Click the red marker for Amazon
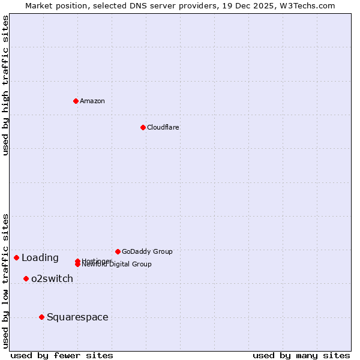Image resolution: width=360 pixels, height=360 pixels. [x=76, y=101]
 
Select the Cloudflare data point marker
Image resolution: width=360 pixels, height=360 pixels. [x=143, y=127]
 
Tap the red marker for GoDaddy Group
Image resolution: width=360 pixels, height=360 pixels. [x=118, y=251]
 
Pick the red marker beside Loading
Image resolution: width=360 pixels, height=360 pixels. [x=16, y=257]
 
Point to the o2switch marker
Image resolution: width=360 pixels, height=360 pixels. [x=26, y=278]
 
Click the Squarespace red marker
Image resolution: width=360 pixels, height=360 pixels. [x=41, y=317]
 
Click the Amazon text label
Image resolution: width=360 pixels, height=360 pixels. [x=92, y=101]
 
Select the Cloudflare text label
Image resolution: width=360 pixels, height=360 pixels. [x=163, y=127]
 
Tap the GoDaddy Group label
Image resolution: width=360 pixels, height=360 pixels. [x=147, y=251]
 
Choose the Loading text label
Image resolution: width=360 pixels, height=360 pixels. [x=40, y=258]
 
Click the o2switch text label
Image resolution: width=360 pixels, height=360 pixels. [x=52, y=278]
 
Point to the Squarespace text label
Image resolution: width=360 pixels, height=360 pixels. [x=77, y=317]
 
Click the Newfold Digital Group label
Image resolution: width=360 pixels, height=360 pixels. [x=117, y=265]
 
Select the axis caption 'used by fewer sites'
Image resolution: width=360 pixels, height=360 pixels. [x=62, y=355]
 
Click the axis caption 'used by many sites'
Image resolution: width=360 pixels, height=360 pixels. [x=301, y=355]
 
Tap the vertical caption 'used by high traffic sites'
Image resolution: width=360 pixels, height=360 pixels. [x=5, y=85]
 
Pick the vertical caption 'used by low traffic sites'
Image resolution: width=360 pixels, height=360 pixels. [x=5, y=280]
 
